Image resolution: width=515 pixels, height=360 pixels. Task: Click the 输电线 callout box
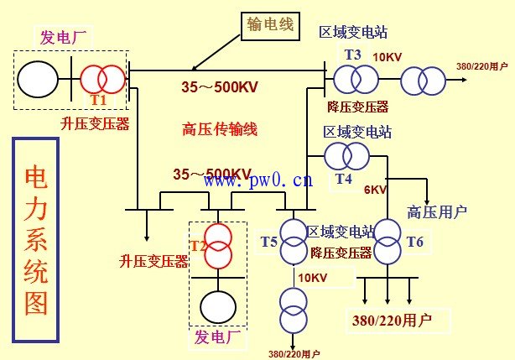coord(270,25)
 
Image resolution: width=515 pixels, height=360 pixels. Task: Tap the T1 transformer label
coord(99,99)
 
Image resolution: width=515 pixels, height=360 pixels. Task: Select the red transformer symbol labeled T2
coord(219,245)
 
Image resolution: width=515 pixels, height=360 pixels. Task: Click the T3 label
coord(352,55)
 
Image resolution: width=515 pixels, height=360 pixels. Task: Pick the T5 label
coord(268,242)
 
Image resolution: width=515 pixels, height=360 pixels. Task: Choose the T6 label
coord(415,242)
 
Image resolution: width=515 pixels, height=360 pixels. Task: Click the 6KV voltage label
coord(375,190)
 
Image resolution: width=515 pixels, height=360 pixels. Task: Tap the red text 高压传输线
coord(220,129)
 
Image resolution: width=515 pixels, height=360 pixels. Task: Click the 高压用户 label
coord(436,211)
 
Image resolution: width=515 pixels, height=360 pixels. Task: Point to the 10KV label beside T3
coord(387,57)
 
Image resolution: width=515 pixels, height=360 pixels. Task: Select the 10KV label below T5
coord(311,278)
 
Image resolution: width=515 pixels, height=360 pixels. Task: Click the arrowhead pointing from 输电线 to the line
coord(195,68)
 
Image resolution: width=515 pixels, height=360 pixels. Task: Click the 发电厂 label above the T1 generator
coord(64,37)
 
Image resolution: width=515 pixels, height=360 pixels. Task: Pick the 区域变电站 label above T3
coord(352,32)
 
